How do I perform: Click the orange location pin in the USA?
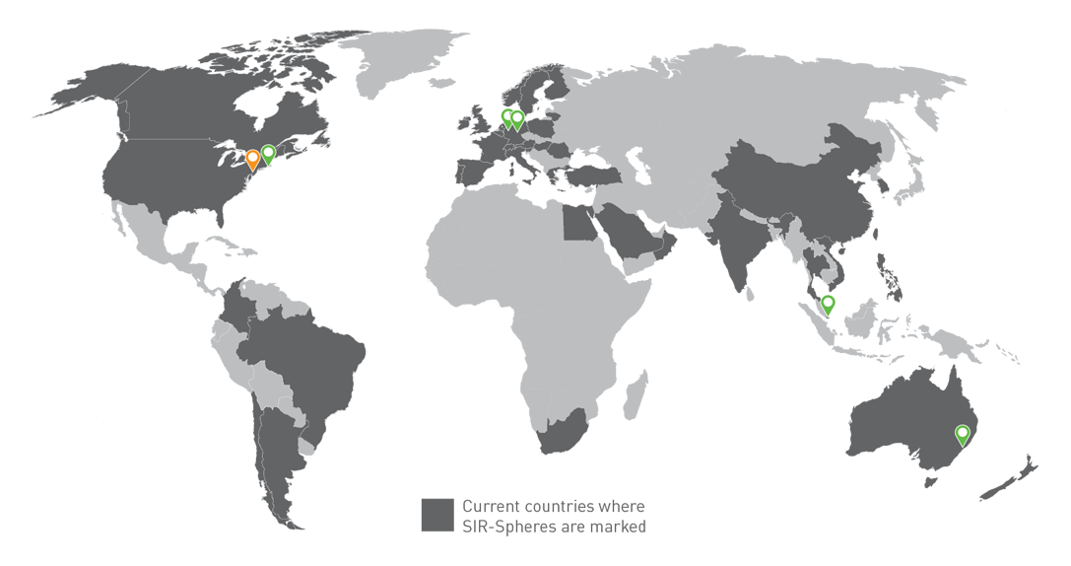click(x=253, y=159)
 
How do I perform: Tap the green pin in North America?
click(x=268, y=153)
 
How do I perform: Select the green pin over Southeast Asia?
click(x=828, y=304)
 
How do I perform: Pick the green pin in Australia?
click(x=963, y=433)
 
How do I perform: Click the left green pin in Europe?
click(x=507, y=118)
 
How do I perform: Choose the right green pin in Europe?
click(x=517, y=119)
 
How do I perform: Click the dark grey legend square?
click(x=437, y=515)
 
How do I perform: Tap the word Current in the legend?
click(x=491, y=506)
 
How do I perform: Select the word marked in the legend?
click(x=621, y=527)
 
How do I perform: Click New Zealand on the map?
click(x=1010, y=475)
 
